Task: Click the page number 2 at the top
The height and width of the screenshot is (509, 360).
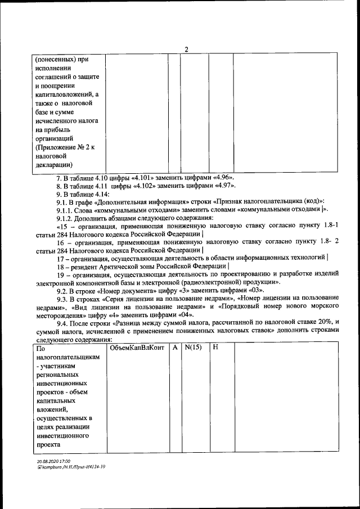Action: pos(186,49)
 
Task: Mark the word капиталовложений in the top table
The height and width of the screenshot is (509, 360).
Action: pos(59,94)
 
